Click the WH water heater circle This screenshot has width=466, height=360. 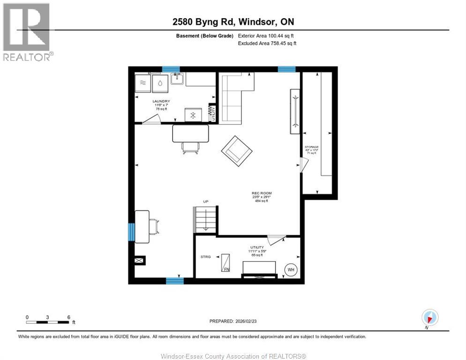coord(291,270)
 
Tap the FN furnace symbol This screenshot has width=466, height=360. coord(226,264)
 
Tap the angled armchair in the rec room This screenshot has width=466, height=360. coord(237,150)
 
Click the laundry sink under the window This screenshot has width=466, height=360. coord(177,79)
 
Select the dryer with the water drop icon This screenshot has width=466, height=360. coord(160,84)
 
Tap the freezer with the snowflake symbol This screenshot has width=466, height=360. coord(193,115)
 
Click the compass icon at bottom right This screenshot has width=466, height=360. coord(429,317)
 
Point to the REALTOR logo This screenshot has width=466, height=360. coord(28,32)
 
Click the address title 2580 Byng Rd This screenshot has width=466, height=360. coord(233,22)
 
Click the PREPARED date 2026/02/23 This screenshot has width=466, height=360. coord(233,321)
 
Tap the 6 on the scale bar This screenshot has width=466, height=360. coord(68,317)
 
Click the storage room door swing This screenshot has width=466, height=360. coord(303,165)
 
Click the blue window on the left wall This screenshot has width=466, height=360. coord(132,232)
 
